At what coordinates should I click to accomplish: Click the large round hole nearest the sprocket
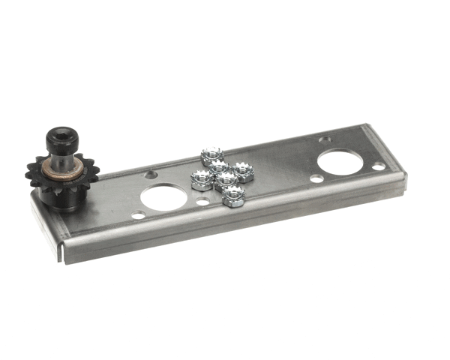[162, 197]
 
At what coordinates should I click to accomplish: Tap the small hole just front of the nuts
[202, 201]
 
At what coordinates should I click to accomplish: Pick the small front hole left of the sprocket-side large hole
[138, 215]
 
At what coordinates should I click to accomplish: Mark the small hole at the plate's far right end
[379, 166]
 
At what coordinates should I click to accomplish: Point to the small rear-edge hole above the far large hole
[324, 139]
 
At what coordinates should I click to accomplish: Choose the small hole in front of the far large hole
[316, 178]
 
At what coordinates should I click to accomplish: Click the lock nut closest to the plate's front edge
[233, 196]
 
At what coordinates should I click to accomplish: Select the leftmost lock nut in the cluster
[201, 180]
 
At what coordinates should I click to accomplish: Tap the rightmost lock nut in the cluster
[242, 172]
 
